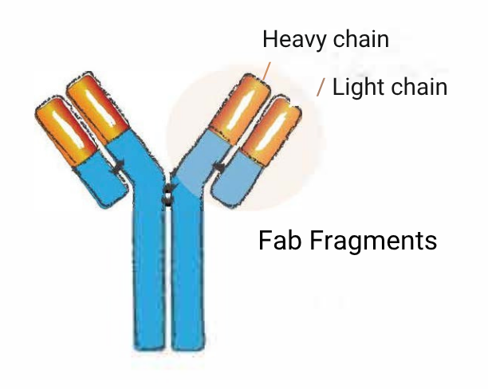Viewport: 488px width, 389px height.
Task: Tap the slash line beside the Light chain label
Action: (x=321, y=87)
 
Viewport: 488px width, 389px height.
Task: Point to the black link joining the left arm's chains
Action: (x=120, y=166)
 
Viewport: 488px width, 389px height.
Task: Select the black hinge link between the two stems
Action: (x=167, y=194)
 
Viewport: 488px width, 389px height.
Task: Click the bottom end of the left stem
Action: (x=148, y=343)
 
